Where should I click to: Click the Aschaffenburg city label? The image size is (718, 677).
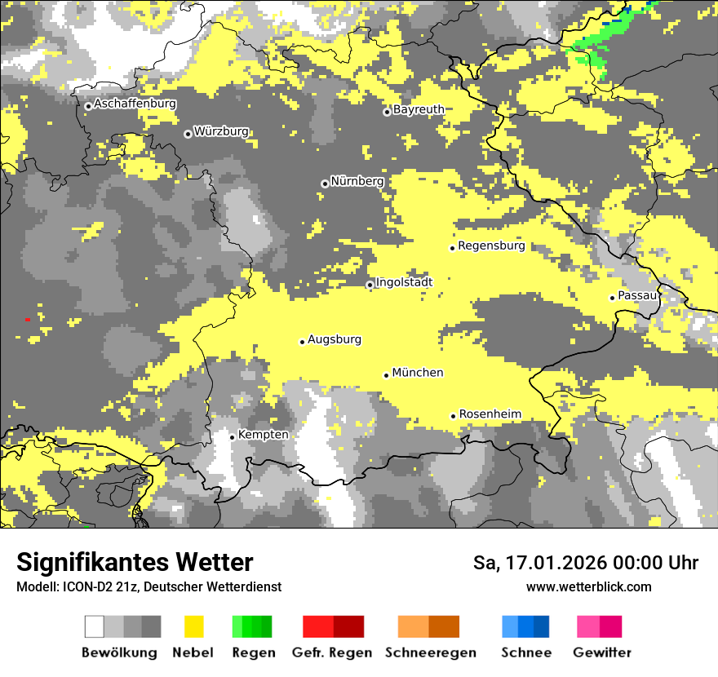point(135,104)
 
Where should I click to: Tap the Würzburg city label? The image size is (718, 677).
point(221,131)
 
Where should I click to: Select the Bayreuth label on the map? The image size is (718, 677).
point(419,109)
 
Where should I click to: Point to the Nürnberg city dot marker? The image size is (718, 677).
point(325,184)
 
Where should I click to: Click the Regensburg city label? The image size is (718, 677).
point(491,246)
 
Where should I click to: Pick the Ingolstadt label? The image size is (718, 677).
point(404,282)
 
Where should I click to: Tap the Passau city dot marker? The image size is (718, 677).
point(612,298)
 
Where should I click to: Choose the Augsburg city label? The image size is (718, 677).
point(335,339)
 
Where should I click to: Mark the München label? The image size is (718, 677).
point(418,373)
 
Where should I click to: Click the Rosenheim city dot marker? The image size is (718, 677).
point(453,416)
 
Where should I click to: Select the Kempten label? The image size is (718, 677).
point(264,435)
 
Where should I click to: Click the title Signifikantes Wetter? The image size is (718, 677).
point(135,562)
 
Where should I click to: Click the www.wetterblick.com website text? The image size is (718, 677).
point(588,586)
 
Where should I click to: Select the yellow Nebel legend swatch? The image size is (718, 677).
point(193,626)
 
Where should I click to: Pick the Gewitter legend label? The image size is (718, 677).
point(601,653)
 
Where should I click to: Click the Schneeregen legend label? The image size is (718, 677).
point(431,653)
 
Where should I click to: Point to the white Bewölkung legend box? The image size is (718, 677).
point(95,626)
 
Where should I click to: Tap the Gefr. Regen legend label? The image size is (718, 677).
point(332,653)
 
